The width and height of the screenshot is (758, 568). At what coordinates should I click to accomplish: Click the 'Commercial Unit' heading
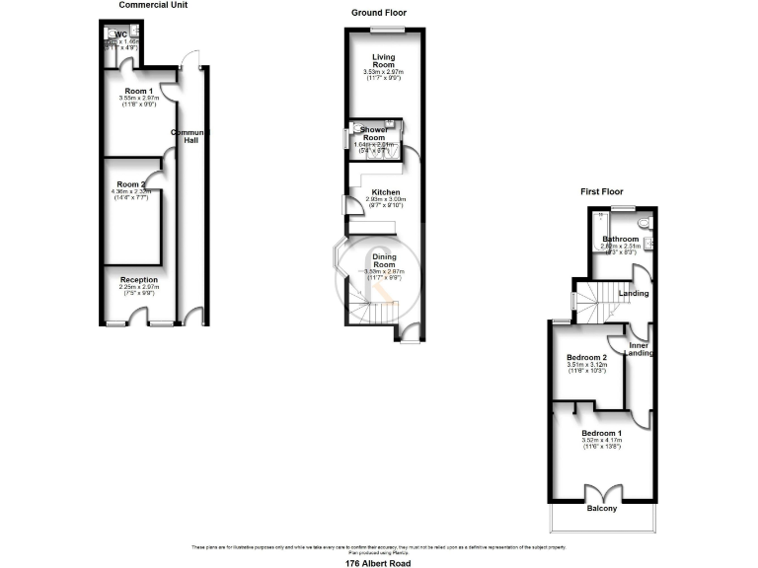point(153,5)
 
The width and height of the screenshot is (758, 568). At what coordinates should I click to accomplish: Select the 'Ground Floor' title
point(378,13)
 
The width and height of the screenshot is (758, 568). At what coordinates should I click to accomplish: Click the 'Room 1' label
point(138,91)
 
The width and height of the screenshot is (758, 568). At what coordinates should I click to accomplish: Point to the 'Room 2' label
point(130,184)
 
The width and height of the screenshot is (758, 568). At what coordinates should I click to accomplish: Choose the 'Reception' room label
point(139,280)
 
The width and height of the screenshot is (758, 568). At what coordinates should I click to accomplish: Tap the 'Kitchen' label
point(385,191)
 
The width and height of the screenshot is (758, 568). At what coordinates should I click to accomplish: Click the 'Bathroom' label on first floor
point(621,240)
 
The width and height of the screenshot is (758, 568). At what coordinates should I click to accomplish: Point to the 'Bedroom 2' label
point(586,357)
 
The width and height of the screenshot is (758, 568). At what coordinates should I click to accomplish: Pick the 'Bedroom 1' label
point(602,434)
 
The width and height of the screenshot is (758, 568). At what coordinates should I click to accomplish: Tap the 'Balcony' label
point(602,508)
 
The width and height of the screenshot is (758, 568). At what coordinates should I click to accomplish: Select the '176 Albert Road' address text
point(378,563)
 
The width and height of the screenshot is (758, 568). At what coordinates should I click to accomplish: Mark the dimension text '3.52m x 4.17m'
point(602,442)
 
